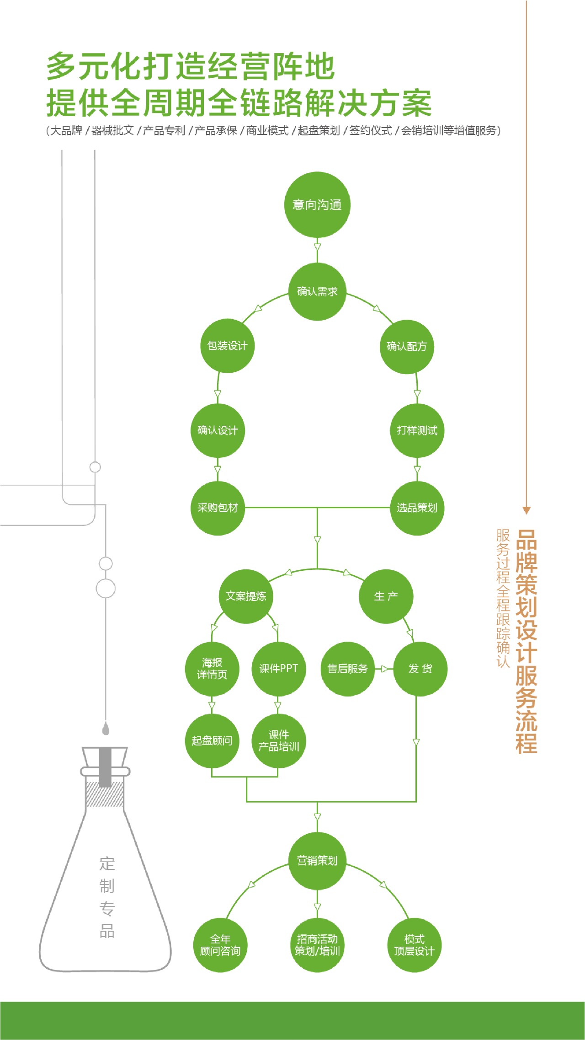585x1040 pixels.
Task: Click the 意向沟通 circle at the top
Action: pyautogui.click(x=317, y=204)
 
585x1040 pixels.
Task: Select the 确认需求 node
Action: pyautogui.click(x=317, y=291)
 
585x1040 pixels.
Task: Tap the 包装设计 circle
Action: pyautogui.click(x=227, y=346)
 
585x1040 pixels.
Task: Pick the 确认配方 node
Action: pyautogui.click(x=407, y=346)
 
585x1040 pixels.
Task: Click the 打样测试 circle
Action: pyautogui.click(x=417, y=430)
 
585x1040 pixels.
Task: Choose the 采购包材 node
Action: pyautogui.click(x=218, y=508)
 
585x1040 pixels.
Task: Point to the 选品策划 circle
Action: pyautogui.click(x=417, y=508)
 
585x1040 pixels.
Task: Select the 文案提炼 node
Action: pyautogui.click(x=246, y=596)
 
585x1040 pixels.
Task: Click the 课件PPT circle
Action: pyautogui.click(x=278, y=669)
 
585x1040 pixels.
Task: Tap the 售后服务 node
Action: pyautogui.click(x=347, y=669)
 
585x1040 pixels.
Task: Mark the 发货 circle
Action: pyautogui.click(x=420, y=669)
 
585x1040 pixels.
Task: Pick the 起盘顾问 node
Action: pyautogui.click(x=212, y=740)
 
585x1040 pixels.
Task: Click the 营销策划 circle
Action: pyautogui.click(x=317, y=861)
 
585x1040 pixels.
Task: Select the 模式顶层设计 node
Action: pyautogui.click(x=414, y=945)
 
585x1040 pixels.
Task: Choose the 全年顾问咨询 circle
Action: pyautogui.click(x=220, y=945)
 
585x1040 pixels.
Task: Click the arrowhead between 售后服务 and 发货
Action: pyautogui.click(x=384, y=669)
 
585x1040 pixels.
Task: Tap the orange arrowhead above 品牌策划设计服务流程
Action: pyautogui.click(x=526, y=510)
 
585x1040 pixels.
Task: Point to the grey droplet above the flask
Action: pyautogui.click(x=106, y=728)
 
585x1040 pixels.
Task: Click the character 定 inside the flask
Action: pyautogui.click(x=107, y=864)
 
